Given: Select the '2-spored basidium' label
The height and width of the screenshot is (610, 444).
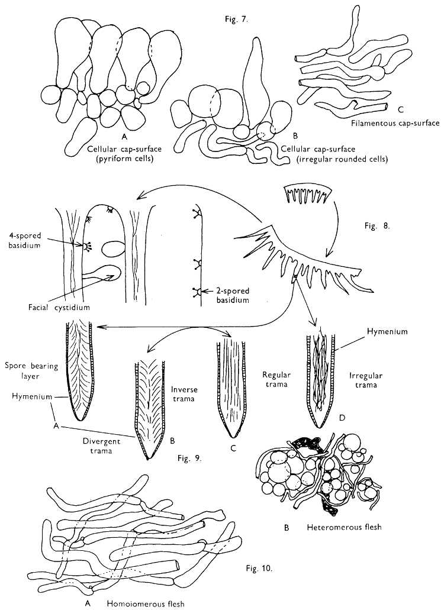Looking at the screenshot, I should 231,295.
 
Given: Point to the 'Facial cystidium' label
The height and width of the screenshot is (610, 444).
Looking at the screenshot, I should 41,307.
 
